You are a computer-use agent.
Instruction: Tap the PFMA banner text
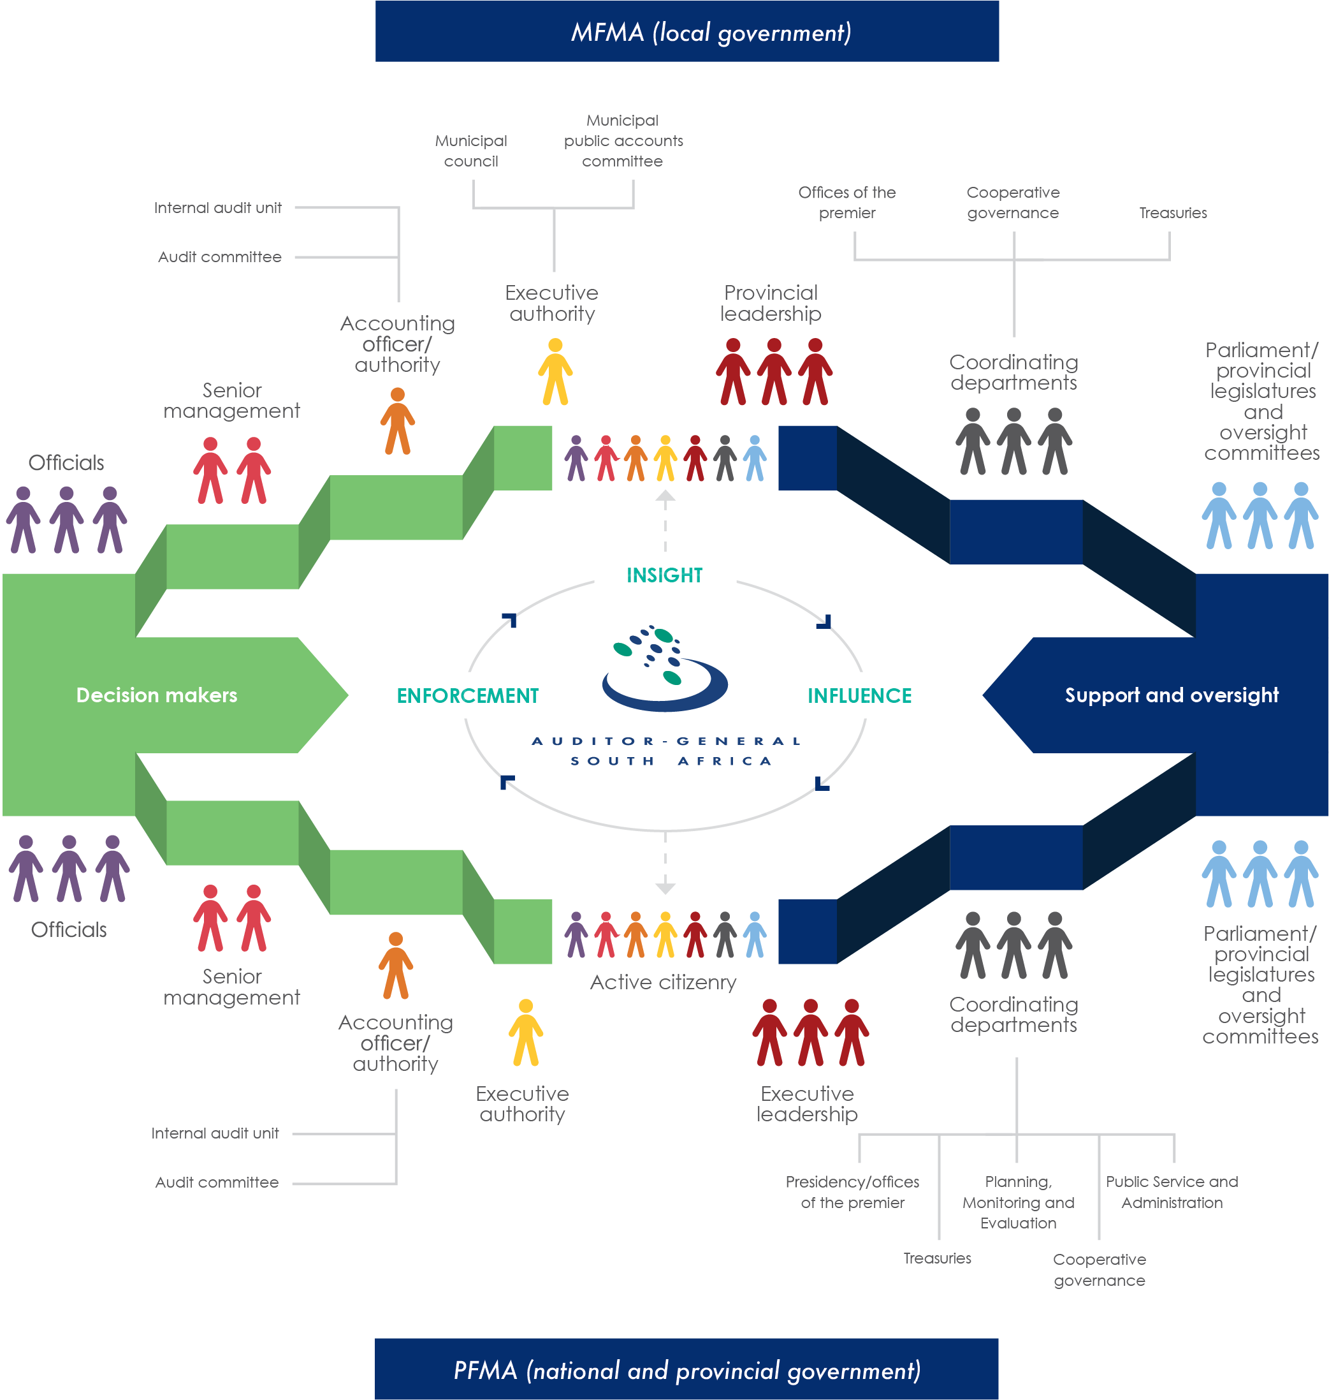pos(686,1369)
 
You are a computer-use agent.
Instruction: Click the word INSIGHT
pos(664,575)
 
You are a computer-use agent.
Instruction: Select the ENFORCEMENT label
pos(468,695)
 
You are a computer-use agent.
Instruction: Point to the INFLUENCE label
pos(859,695)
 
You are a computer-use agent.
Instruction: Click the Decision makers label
pos(157,695)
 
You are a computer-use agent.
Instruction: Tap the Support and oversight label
pos(1172,695)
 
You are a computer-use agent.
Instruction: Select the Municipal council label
pos(471,151)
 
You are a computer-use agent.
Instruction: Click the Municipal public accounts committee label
pos(623,141)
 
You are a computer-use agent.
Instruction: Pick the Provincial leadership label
pos(771,303)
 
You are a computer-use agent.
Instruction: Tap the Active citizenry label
pos(663,982)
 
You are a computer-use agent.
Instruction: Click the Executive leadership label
pos(807,1103)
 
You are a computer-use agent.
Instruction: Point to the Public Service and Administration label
pos(1172,1191)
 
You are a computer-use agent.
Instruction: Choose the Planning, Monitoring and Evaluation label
pos(1018,1202)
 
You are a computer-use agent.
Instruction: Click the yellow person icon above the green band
pos(555,371)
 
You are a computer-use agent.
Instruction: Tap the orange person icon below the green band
pos(396,965)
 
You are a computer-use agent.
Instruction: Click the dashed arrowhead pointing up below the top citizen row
pos(664,496)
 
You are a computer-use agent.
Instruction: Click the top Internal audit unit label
pos(217,208)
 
